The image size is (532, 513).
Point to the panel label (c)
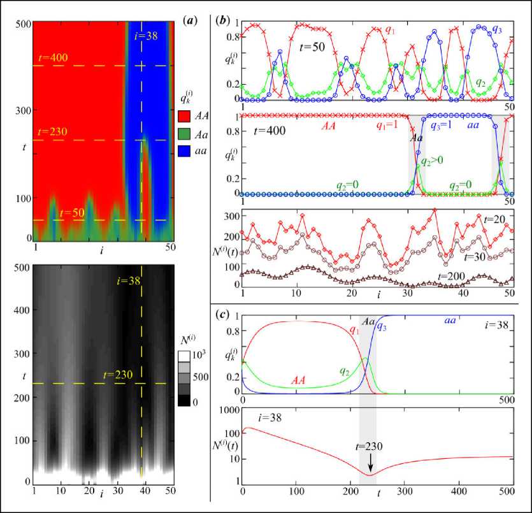(x=223, y=313)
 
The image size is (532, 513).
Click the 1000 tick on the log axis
(x=228, y=411)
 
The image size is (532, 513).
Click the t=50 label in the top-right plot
(x=313, y=47)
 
